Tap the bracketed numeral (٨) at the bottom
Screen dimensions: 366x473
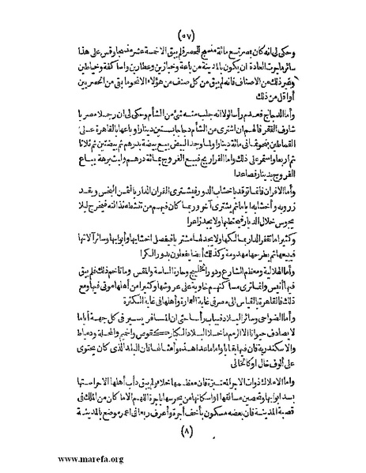pos(186,434)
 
